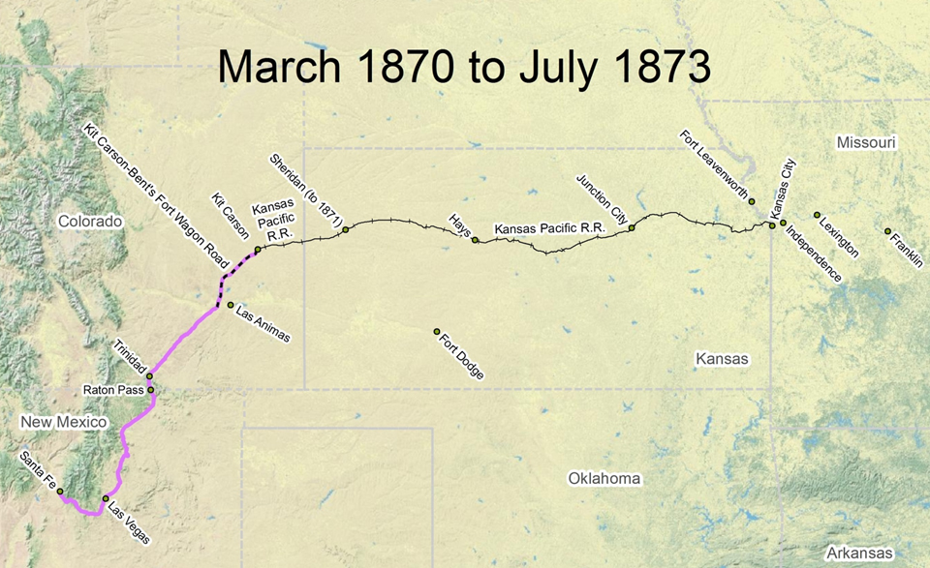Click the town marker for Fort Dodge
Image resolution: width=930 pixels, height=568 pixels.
[437, 332]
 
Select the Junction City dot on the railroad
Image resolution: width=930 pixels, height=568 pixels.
[632, 228]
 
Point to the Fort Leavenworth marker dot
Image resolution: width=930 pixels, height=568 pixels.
[752, 201]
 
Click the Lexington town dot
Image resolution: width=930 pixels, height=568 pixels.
[817, 215]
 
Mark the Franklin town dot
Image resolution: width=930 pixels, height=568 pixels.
[887, 231]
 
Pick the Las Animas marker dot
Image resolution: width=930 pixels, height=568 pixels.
[230, 306]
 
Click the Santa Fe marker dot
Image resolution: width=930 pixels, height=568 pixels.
[60, 492]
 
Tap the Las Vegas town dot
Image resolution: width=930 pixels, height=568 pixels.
[106, 498]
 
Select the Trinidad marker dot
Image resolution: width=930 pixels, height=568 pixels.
[149, 376]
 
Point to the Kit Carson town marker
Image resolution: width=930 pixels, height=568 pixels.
[258, 250]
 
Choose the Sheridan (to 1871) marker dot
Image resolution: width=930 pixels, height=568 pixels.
[345, 229]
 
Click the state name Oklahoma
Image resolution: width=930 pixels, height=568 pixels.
[604, 479]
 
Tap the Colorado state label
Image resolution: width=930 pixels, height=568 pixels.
[90, 222]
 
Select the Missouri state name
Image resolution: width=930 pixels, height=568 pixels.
[866, 143]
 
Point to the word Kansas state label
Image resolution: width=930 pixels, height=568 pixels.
[722, 359]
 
